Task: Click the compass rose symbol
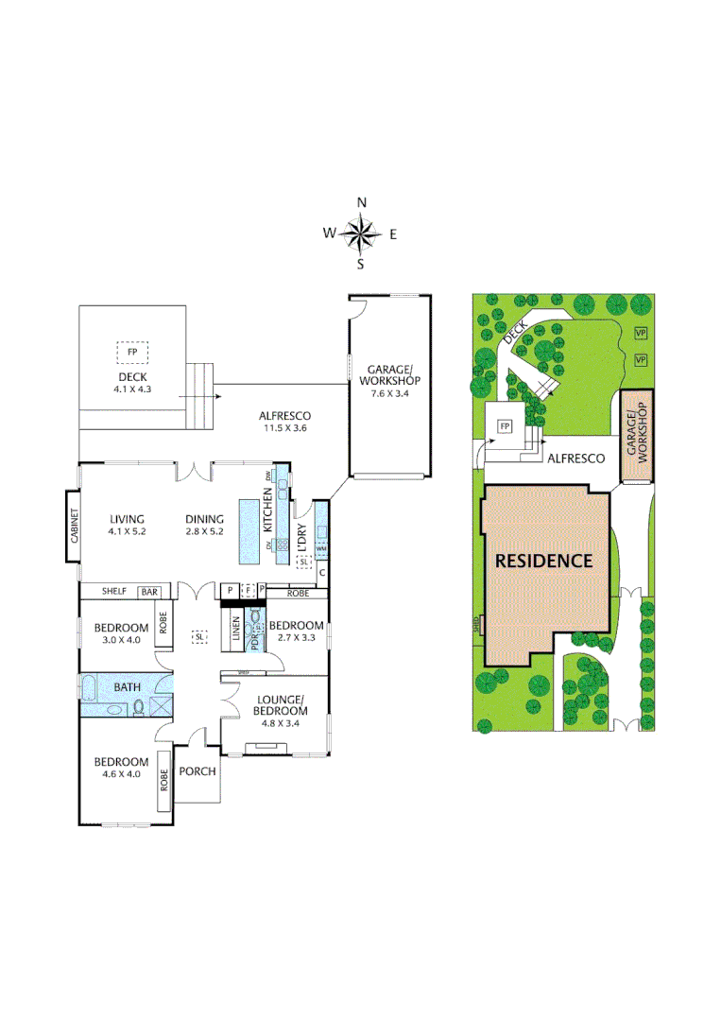[360, 233]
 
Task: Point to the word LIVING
[127, 519]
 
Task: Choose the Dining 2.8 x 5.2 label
[204, 525]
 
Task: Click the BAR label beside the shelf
[150, 592]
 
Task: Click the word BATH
[128, 686]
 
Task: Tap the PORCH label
[197, 770]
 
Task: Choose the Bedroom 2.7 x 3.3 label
[297, 632]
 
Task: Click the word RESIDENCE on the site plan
[544, 561]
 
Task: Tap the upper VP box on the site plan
[641, 334]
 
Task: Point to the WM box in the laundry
[321, 548]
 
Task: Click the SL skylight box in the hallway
[199, 637]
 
